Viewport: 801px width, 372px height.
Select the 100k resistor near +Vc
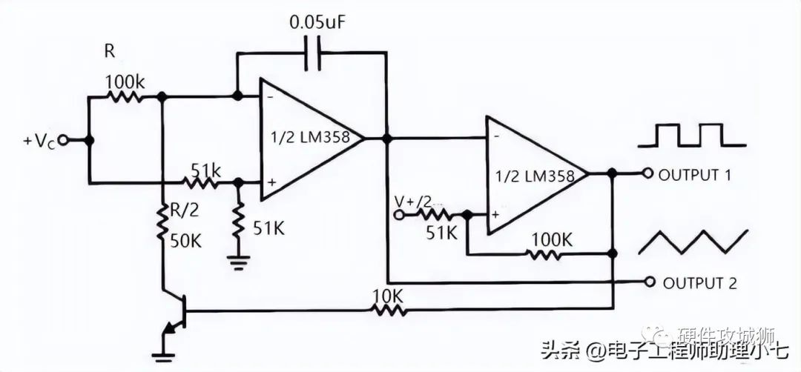125,96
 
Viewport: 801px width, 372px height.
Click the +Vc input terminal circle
65,139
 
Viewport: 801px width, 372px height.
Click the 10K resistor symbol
387,311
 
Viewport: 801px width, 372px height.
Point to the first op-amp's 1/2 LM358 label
309,137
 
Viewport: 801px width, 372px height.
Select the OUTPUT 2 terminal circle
650,282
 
